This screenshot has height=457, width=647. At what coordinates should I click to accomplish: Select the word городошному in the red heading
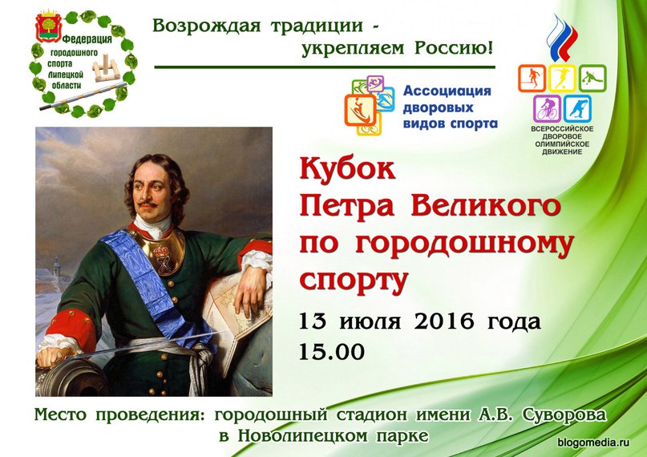pos(465,244)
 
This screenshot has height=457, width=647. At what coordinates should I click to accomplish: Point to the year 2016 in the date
pos(443,321)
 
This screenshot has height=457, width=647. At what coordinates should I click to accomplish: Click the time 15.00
pos(332,351)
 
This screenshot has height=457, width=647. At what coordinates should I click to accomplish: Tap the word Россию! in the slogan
pos(454,48)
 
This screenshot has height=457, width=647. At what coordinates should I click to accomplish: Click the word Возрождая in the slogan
pos(207,26)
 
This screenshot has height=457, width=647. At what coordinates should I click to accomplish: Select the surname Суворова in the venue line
pos(564,414)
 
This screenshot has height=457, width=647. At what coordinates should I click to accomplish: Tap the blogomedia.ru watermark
pos(594,443)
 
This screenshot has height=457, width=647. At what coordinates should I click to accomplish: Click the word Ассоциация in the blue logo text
pos(447,91)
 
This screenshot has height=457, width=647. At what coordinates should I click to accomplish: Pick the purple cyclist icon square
pos(547,109)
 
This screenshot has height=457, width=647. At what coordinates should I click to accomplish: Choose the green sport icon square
pos(592,79)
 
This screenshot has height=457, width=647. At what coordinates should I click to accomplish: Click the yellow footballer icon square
pos(562,79)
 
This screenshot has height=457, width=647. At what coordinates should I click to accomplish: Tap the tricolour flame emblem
pos(561,38)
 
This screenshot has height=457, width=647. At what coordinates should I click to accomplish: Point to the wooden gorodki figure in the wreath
pos(106,67)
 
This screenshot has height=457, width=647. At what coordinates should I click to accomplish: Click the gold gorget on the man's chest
pos(162,251)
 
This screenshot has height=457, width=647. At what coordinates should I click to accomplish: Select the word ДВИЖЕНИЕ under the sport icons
pos(562,152)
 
